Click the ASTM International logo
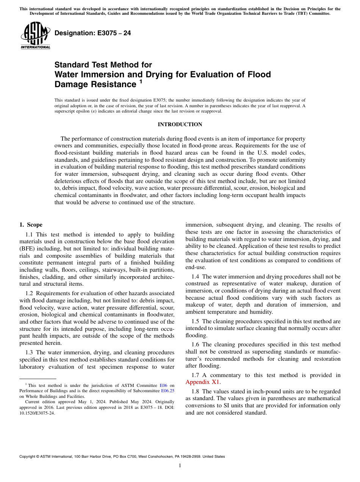pyautogui.click(x=35, y=36)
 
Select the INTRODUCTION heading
pyautogui.click(x=180, y=124)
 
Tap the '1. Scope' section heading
pyautogui.click(x=31, y=225)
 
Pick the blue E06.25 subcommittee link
pyautogui.click(x=168, y=390)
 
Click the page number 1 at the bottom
pyautogui.click(x=180, y=465)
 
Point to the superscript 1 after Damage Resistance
pyautogui.click(x=141, y=81)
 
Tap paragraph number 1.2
pyautogui.click(x=30, y=293)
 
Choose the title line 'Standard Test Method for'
pyautogui.click(x=103, y=65)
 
